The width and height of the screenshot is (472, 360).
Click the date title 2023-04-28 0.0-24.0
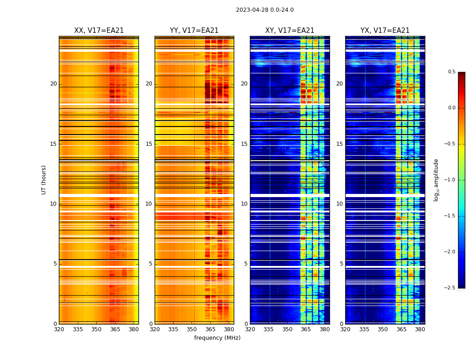coord(264,10)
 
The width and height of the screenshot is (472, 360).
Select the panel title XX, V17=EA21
coord(99,31)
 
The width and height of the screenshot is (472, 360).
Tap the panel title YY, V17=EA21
coord(194,31)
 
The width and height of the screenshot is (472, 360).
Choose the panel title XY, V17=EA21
coord(289,31)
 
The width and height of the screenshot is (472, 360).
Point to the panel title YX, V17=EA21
coord(385,31)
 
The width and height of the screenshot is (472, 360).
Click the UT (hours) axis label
coord(44,180)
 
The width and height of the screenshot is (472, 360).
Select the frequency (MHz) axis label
coord(217,338)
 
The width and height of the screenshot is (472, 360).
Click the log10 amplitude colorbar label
coord(436,180)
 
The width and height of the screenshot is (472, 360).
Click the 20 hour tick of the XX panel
coord(53,84)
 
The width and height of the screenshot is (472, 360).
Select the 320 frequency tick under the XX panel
coord(59,329)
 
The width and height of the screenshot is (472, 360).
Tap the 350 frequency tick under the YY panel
coord(192,329)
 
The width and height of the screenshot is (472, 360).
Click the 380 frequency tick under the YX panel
coord(420,329)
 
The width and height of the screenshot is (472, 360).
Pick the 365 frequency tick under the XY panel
coord(306,329)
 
